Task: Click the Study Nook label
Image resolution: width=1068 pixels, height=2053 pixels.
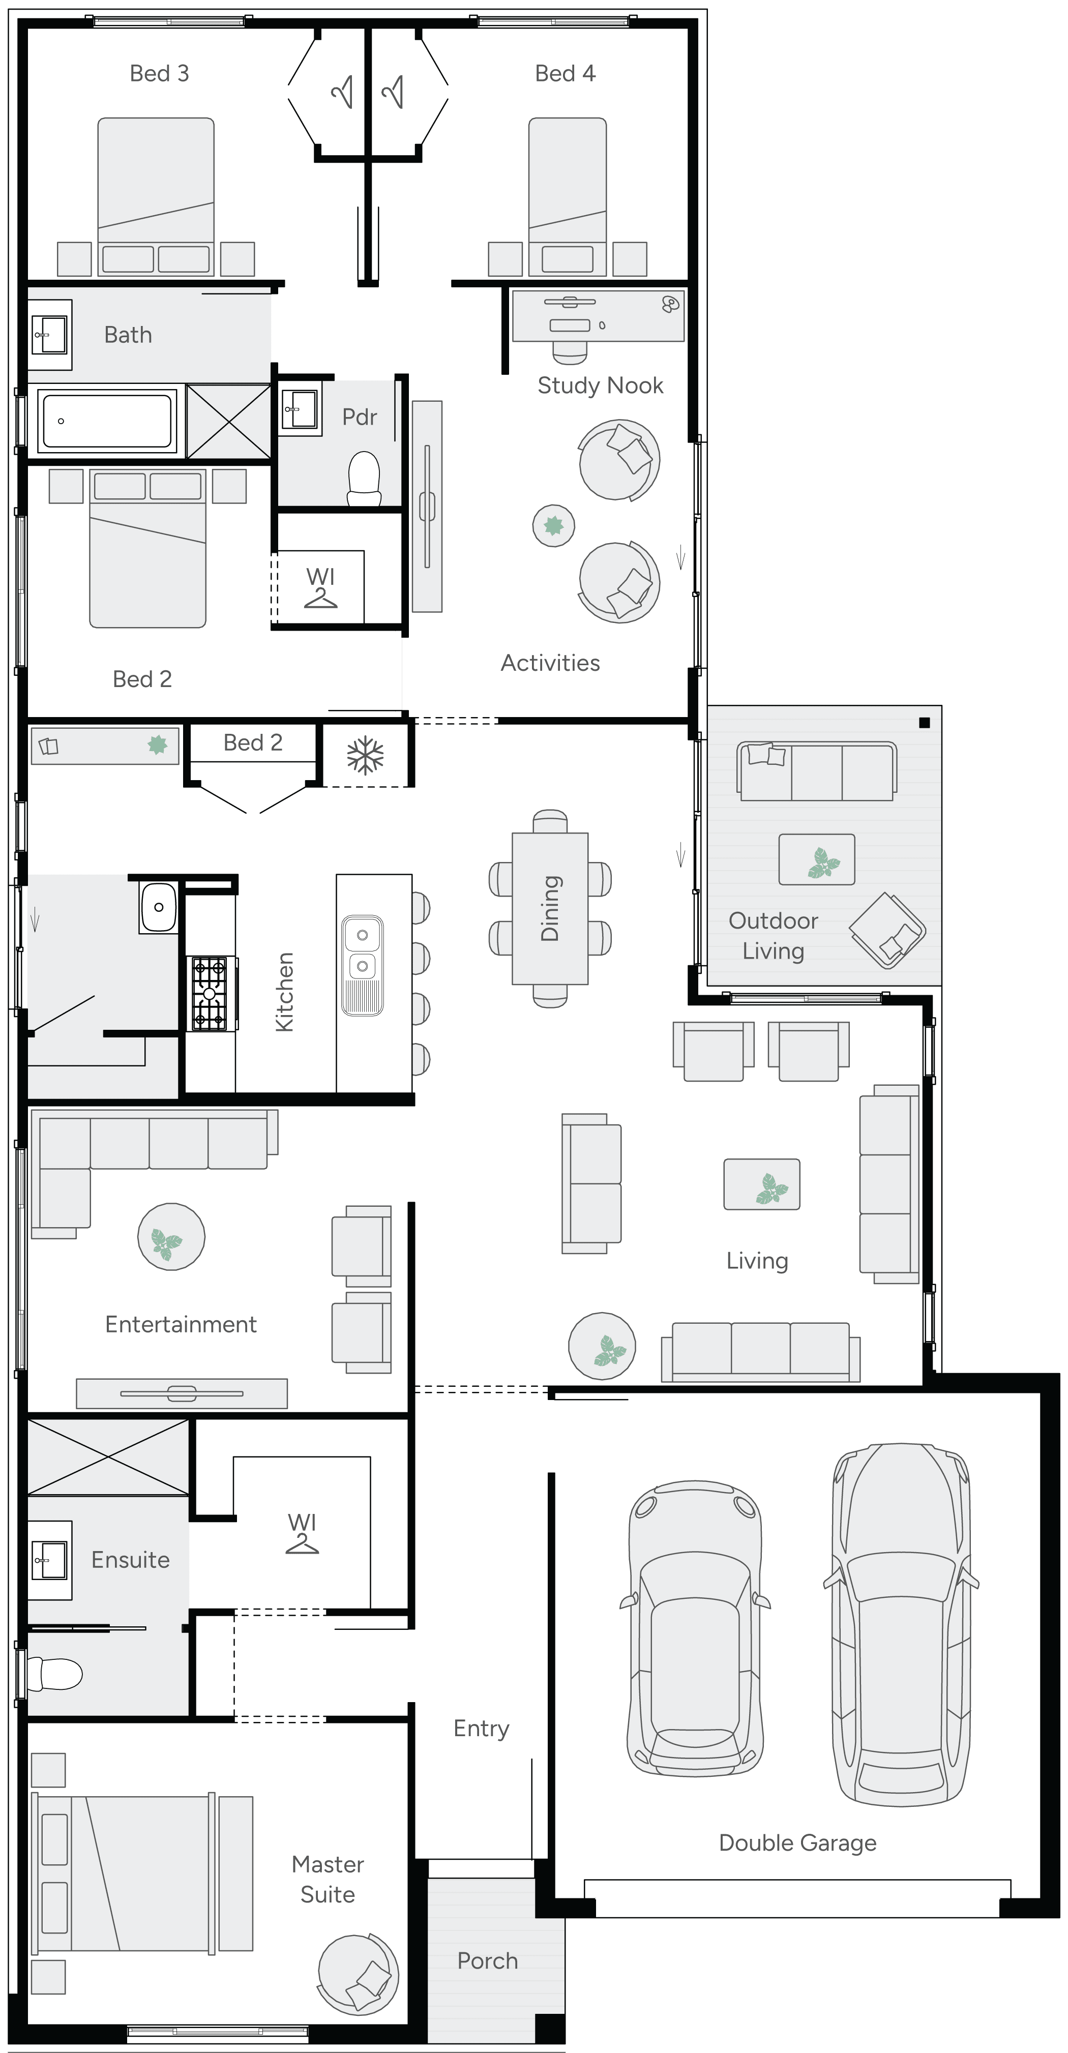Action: pos(600,386)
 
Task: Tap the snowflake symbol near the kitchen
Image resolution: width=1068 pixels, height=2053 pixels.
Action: pos(365,756)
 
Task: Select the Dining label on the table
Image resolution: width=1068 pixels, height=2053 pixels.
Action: pos(550,909)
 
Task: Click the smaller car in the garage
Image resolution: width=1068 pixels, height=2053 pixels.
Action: pos(695,1626)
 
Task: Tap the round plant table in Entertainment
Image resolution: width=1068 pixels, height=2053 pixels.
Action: pos(171,1236)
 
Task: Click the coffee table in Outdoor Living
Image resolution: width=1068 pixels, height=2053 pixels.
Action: pos(817,859)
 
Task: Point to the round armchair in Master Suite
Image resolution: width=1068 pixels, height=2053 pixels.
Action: pos(358,1973)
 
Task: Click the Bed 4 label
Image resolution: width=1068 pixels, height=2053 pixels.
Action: pos(565,73)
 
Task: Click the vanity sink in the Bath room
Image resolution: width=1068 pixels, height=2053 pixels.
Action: pos(49,334)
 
